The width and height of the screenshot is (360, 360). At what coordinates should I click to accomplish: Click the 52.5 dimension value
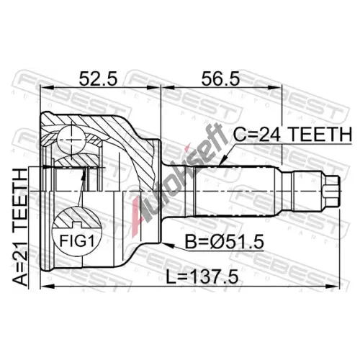tap(98, 78)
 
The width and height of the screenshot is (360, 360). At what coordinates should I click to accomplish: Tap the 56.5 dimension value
tap(220, 78)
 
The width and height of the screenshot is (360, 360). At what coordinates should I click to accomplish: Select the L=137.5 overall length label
tap(202, 276)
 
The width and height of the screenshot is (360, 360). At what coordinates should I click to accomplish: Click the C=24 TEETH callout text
tap(293, 135)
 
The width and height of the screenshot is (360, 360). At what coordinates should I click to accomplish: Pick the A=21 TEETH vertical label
tap(20, 228)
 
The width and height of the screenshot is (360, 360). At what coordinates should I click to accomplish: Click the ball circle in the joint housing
tap(72, 140)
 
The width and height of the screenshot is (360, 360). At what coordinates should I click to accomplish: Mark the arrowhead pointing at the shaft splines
tap(223, 161)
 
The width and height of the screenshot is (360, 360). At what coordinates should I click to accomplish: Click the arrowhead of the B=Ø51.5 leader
tap(168, 245)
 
